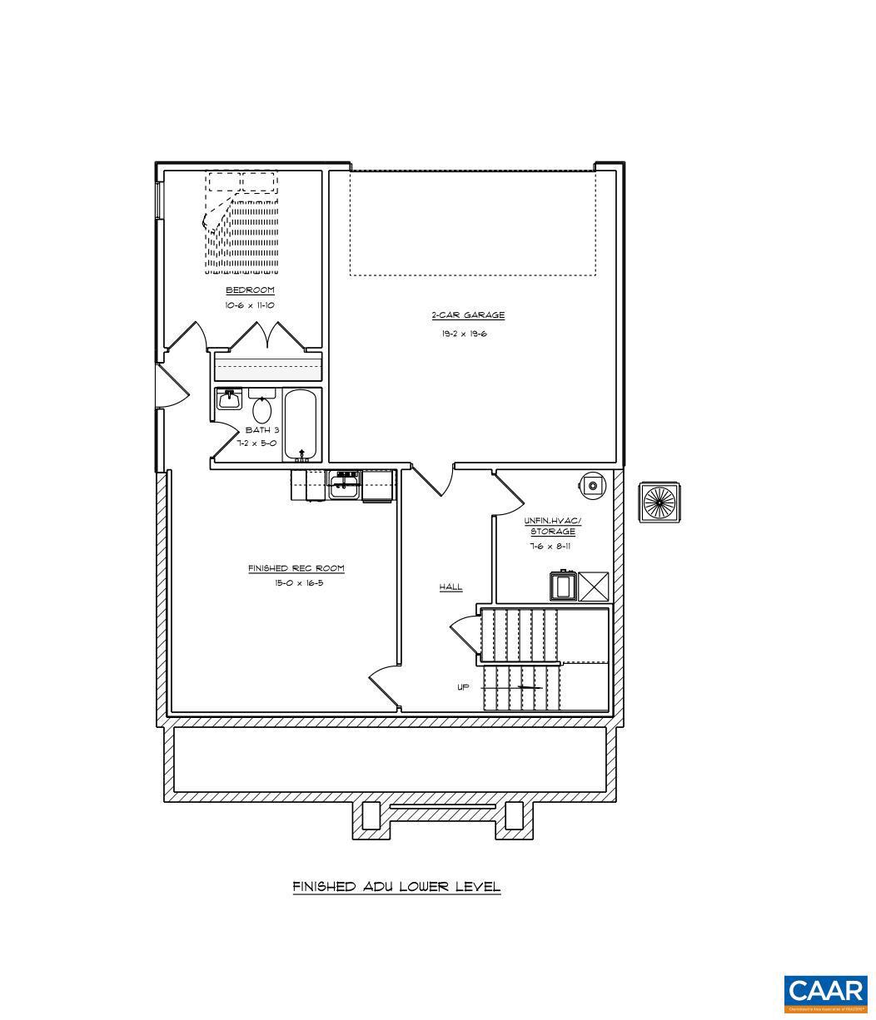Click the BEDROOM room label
point(250,290)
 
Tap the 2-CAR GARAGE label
point(467,315)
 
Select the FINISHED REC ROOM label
point(296,568)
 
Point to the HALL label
point(450,587)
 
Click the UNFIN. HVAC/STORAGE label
point(552,526)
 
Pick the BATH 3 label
point(261,430)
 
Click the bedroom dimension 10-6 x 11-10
point(250,305)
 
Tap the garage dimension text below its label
point(464,334)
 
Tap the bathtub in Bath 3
point(301,424)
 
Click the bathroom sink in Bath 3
point(229,400)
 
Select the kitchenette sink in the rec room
point(344,485)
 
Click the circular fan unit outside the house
point(659,503)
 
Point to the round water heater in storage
point(591,485)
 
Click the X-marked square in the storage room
point(593,586)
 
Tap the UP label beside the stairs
point(463,687)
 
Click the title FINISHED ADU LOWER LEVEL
point(396,887)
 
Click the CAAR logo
point(825,993)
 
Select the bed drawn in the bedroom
point(241,223)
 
